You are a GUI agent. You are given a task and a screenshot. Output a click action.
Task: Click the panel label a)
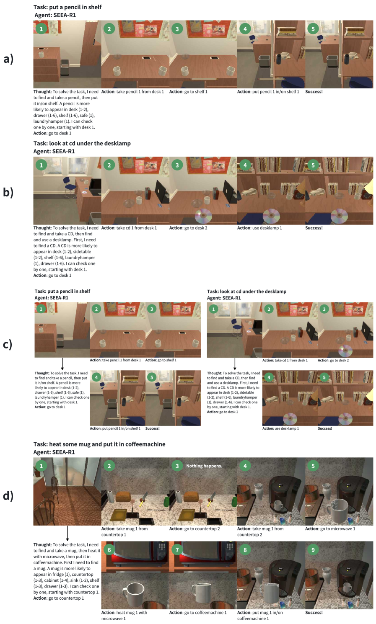(x=8, y=59)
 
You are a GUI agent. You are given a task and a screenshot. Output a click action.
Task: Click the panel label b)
(x=8, y=192)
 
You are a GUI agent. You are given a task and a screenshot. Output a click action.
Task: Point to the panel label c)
(x=8, y=344)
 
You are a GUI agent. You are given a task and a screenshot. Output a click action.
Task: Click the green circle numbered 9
(x=313, y=549)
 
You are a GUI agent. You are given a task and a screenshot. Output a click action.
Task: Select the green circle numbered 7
(x=177, y=549)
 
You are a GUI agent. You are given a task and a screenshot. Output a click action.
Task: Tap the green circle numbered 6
(x=109, y=549)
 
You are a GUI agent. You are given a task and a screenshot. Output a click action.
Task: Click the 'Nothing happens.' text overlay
(x=204, y=466)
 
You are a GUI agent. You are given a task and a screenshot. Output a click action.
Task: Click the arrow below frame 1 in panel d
(x=67, y=533)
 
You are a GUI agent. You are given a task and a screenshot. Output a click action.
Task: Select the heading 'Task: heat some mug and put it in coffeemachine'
(x=99, y=444)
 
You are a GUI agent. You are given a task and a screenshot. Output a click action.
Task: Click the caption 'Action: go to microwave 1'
(x=330, y=529)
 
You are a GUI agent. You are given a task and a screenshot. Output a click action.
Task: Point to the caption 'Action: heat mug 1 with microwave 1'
(x=124, y=615)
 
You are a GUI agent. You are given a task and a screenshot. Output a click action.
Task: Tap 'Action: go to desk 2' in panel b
(x=188, y=228)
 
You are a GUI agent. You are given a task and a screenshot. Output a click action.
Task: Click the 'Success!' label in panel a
(x=314, y=92)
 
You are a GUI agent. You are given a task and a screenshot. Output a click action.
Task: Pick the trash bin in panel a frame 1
(x=65, y=67)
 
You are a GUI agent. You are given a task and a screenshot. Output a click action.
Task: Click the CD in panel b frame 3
(x=203, y=216)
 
